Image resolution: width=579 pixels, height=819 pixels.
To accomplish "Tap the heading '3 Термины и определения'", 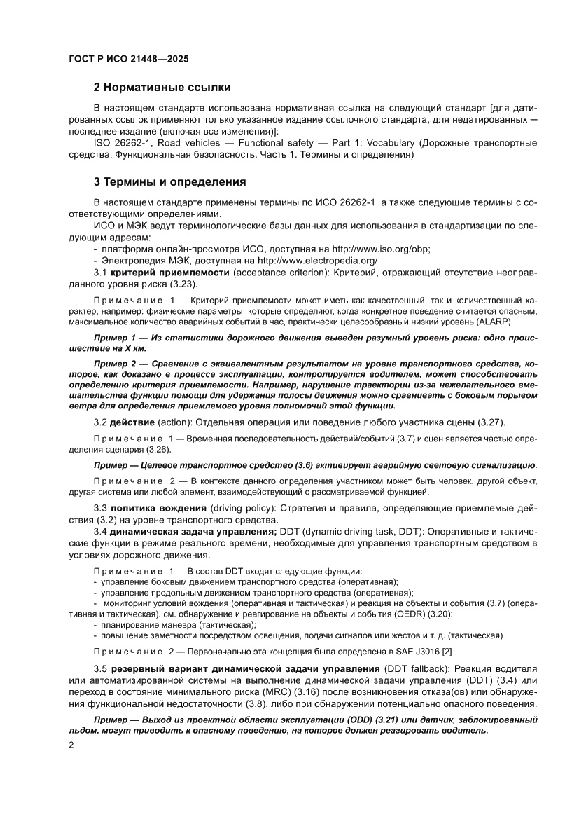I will point(169,182).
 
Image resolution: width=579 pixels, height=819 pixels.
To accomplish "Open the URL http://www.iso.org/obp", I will point(380,249).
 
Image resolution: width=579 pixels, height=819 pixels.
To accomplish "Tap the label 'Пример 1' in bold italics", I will point(115,338).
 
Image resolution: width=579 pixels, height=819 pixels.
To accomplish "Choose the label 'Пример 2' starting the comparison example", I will point(115,366).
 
